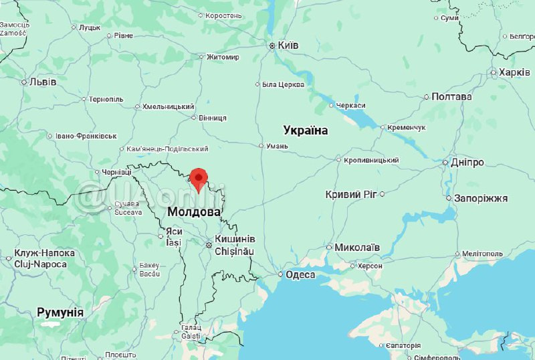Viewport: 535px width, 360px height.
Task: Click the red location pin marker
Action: (x=198, y=179)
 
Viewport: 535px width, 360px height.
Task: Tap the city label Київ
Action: (x=288, y=46)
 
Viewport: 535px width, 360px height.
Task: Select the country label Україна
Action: (x=306, y=130)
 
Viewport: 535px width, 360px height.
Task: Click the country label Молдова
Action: (x=194, y=211)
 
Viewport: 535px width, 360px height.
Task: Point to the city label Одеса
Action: (x=300, y=274)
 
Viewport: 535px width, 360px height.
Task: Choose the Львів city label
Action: (x=43, y=82)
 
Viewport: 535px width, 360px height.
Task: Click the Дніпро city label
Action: (x=468, y=163)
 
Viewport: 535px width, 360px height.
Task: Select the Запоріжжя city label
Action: (x=481, y=199)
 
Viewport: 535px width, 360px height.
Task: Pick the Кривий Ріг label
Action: (x=351, y=194)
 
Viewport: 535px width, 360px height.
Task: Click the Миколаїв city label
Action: (x=357, y=248)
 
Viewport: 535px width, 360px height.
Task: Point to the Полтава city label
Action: (x=451, y=96)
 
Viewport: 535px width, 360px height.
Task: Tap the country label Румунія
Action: (x=60, y=312)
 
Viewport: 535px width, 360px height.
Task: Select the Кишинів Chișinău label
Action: (x=235, y=245)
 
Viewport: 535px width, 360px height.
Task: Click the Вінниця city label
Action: (x=213, y=118)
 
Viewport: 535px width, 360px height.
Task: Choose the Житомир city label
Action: (x=223, y=57)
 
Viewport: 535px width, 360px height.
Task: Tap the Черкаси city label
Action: (x=350, y=106)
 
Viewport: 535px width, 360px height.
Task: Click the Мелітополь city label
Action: (x=481, y=254)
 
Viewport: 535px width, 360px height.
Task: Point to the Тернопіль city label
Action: (x=106, y=99)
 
